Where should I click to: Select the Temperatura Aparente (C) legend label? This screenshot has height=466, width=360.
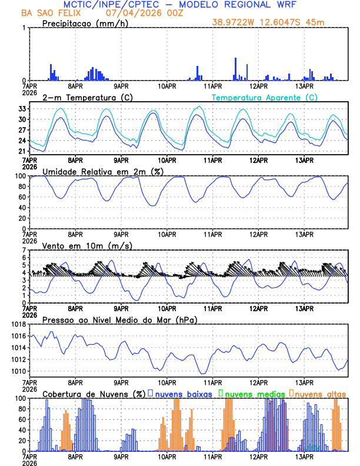point(265,97)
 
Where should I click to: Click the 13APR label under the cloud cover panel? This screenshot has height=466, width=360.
point(304,457)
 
